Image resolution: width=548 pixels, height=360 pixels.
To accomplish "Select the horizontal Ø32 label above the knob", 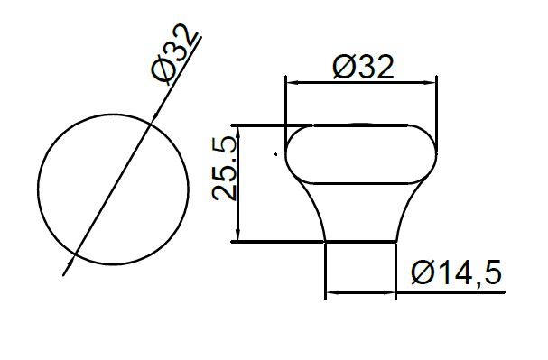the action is [x=364, y=67].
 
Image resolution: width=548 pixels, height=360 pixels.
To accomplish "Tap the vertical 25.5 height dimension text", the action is [x=225, y=169].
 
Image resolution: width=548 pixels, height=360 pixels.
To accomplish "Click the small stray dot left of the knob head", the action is [x=275, y=154].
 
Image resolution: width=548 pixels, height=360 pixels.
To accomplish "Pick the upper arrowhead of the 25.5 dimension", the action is [x=238, y=132].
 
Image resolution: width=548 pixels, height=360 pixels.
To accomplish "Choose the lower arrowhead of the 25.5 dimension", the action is [x=238, y=235].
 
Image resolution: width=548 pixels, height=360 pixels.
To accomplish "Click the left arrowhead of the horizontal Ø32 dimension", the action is [x=293, y=83].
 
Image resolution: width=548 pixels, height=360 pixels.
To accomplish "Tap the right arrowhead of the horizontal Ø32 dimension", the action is [x=430, y=83].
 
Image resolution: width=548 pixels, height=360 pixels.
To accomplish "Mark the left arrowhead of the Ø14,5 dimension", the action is [x=332, y=292].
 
